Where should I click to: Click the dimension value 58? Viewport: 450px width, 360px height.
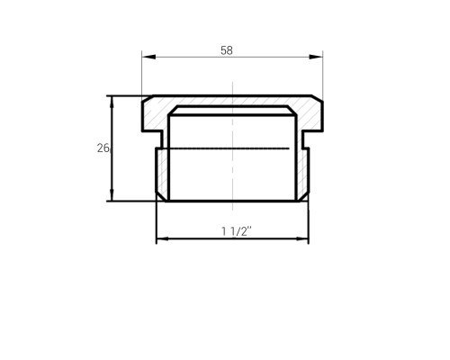[227, 50]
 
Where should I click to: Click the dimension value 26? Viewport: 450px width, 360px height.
[103, 148]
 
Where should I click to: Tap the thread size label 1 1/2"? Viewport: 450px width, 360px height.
[237, 231]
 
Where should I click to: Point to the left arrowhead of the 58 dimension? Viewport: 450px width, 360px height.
[149, 57]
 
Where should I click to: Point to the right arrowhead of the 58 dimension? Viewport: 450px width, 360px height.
[316, 57]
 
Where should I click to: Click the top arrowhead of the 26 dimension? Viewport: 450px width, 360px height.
[112, 102]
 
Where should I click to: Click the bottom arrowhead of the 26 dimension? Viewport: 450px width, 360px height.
[112, 195]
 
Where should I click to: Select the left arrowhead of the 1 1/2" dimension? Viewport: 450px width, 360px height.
[163, 238]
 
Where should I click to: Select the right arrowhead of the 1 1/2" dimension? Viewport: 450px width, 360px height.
[301, 238]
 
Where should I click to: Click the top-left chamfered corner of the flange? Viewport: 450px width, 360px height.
[148, 99]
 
